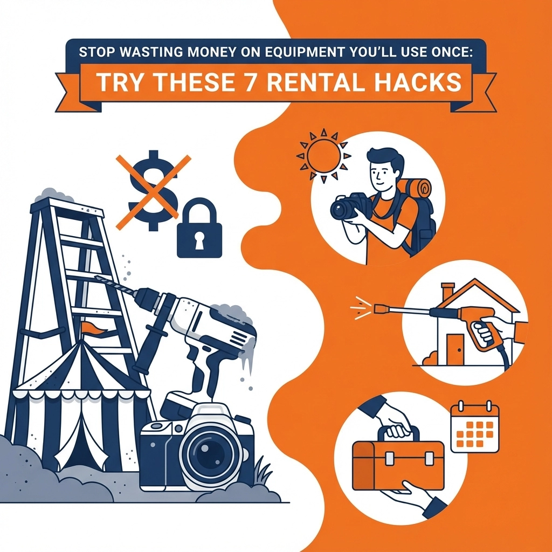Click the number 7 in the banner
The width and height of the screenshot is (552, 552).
click(x=249, y=82)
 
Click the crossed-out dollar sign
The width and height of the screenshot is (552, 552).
click(x=153, y=190)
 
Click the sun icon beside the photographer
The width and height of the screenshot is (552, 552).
click(x=323, y=156)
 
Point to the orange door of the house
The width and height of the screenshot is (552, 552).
click(x=455, y=349)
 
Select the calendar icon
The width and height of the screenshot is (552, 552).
click(x=475, y=426)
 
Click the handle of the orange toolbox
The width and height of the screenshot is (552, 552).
click(x=398, y=433)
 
